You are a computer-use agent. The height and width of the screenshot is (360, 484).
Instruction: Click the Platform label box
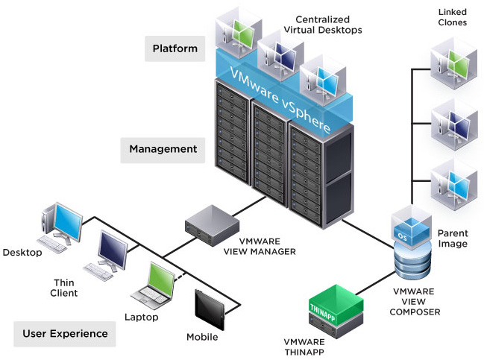pos(175,49)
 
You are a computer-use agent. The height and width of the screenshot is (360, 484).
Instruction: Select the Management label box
pos(163,149)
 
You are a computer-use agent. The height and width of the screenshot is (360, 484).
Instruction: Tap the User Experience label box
pos(65,333)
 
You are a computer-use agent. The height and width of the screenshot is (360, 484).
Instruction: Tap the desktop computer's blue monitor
pos(68,222)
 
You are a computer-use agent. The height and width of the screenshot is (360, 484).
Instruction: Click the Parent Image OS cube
pos(412,227)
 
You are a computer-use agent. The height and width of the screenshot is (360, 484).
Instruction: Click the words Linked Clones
pos(452,17)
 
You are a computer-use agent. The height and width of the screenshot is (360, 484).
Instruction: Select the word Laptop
pos(141,317)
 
